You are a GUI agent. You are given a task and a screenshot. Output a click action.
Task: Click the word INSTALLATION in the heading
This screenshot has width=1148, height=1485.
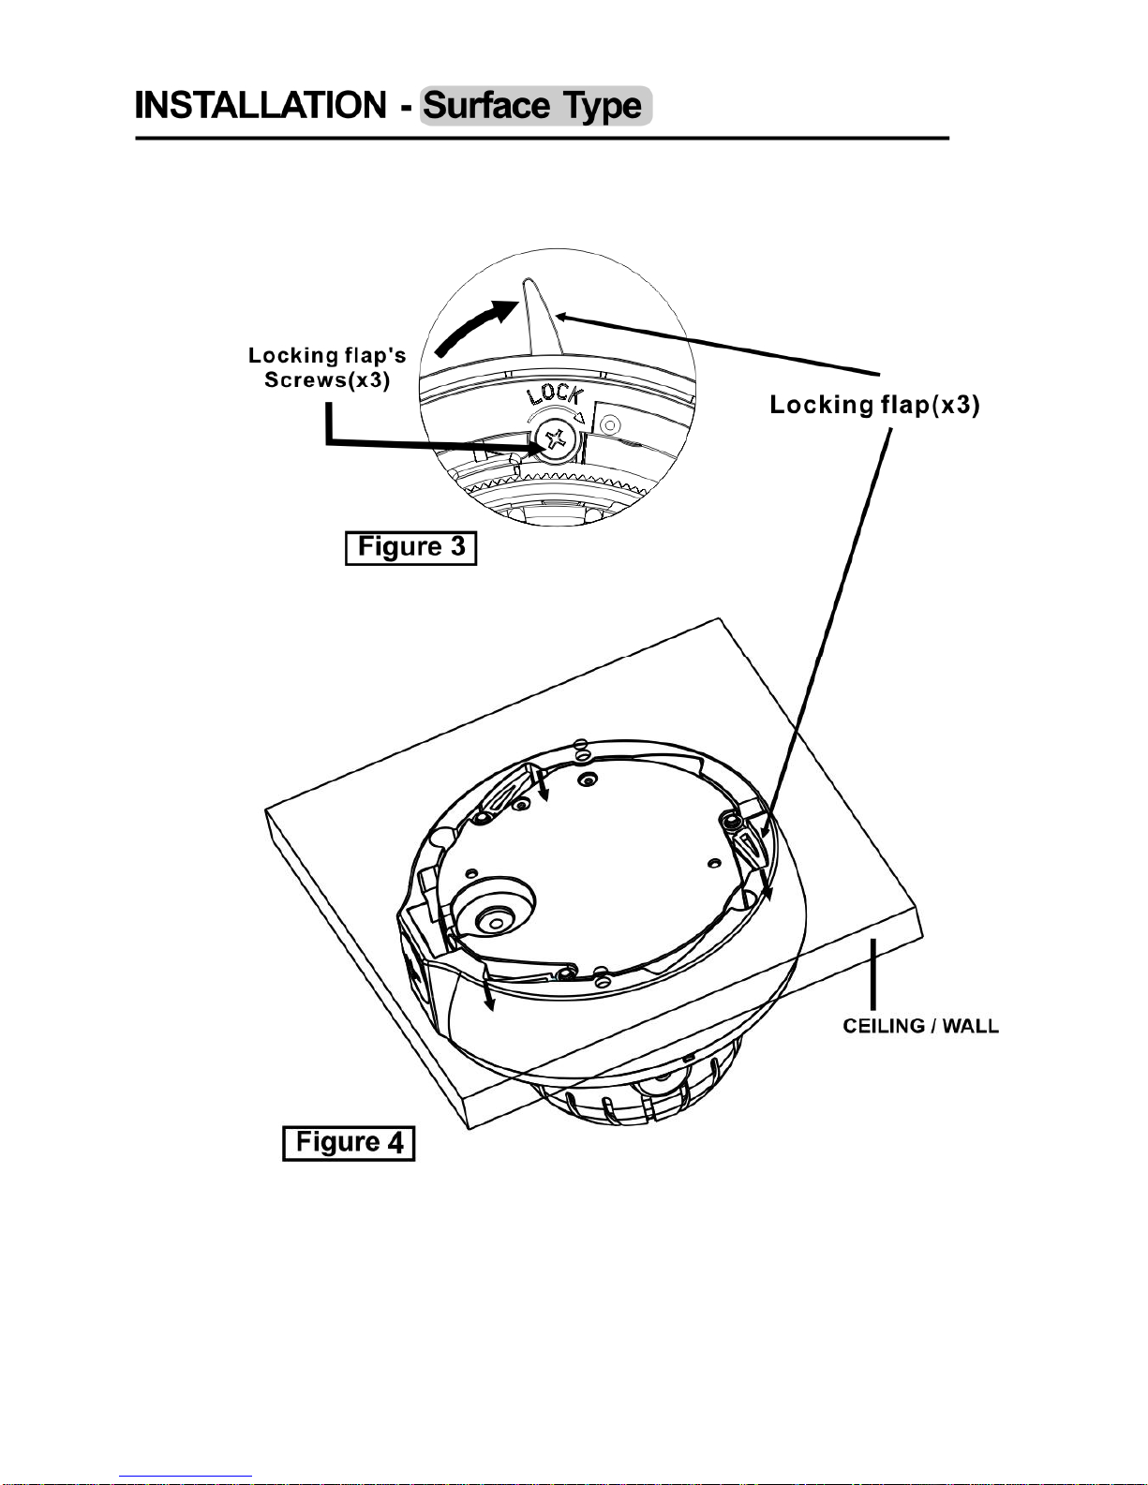coord(261,105)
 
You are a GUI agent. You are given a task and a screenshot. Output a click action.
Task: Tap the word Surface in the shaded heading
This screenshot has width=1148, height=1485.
coord(486,106)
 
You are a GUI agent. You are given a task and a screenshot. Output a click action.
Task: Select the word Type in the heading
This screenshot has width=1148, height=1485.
coord(602,107)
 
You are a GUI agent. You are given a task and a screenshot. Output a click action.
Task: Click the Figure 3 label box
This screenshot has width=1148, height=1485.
coord(410,547)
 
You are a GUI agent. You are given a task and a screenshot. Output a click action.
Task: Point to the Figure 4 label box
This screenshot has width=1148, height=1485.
coord(349,1143)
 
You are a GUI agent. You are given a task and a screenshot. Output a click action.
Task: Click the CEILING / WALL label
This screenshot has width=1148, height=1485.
coord(920,1026)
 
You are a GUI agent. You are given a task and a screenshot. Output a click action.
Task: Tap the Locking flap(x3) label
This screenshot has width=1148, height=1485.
coord(874,405)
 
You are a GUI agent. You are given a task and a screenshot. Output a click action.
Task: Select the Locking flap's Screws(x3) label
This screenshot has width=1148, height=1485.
coord(327,367)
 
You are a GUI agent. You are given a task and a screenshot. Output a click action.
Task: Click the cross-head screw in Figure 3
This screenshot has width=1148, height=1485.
coord(556,439)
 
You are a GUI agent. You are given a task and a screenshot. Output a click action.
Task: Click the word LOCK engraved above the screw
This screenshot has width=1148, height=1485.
coord(555,394)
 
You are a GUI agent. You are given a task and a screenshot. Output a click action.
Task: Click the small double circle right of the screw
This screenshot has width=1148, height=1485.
coord(610,425)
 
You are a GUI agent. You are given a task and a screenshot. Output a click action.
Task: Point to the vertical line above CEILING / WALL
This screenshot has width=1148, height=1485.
coord(873,973)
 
